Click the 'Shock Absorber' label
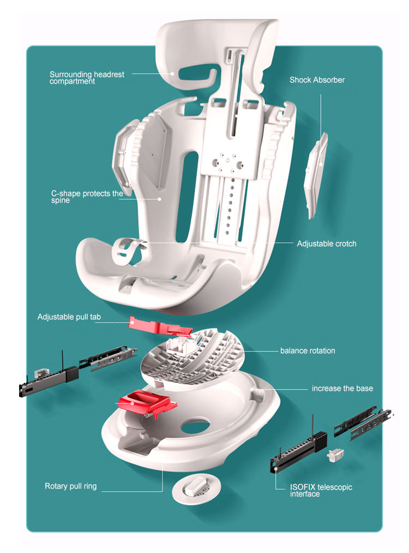coord(317,80)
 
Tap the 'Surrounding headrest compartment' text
coord(87,78)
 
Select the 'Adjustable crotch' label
coord(326,243)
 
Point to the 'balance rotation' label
coord(307,350)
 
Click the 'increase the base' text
coord(342,388)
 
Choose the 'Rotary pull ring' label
coord(70,486)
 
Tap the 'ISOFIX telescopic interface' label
coord(321,490)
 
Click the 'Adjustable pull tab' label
coord(69,317)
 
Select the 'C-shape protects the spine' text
coord(87,197)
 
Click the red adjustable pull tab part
coord(159,326)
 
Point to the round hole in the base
coord(196,425)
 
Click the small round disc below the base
coord(196,489)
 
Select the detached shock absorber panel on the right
coord(316,175)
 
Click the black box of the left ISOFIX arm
coord(72,374)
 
